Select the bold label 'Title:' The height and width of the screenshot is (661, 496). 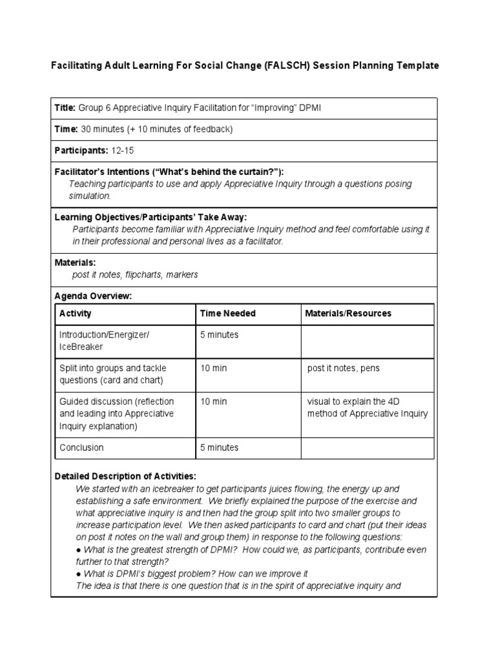(65, 108)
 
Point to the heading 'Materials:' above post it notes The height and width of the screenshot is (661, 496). (75, 263)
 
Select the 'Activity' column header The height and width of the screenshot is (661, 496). (76, 314)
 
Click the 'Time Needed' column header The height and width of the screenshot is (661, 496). (227, 314)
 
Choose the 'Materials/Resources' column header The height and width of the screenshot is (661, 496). (348, 314)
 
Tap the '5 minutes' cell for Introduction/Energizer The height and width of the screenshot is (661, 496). (219, 335)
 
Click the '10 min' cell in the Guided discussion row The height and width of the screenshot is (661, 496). (213, 402)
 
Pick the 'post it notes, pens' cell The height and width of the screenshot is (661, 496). (344, 369)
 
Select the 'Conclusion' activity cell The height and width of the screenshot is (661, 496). (81, 447)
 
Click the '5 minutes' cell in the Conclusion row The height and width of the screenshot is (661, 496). (219, 447)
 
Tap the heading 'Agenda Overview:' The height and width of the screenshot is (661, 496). (93, 296)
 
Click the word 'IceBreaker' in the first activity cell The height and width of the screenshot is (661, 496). (81, 347)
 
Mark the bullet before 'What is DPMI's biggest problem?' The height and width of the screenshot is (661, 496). (78, 574)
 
